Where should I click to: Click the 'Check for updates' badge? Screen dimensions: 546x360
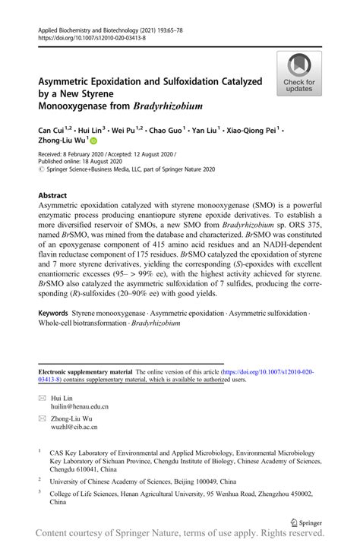(x=299, y=74)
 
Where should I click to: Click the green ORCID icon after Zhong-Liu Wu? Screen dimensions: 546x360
(x=94, y=140)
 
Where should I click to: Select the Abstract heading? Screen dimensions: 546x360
(x=52, y=195)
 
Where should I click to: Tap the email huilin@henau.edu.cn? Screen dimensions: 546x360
(x=79, y=407)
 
